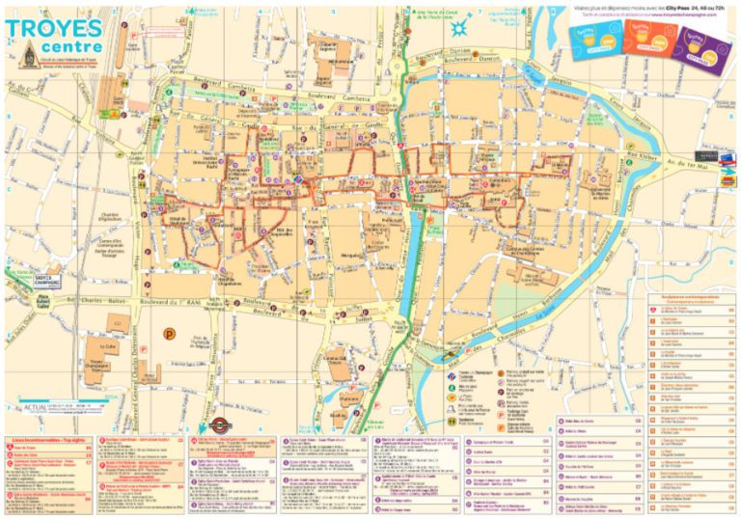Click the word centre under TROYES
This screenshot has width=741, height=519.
[68, 47]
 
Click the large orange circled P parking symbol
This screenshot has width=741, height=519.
[170, 334]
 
